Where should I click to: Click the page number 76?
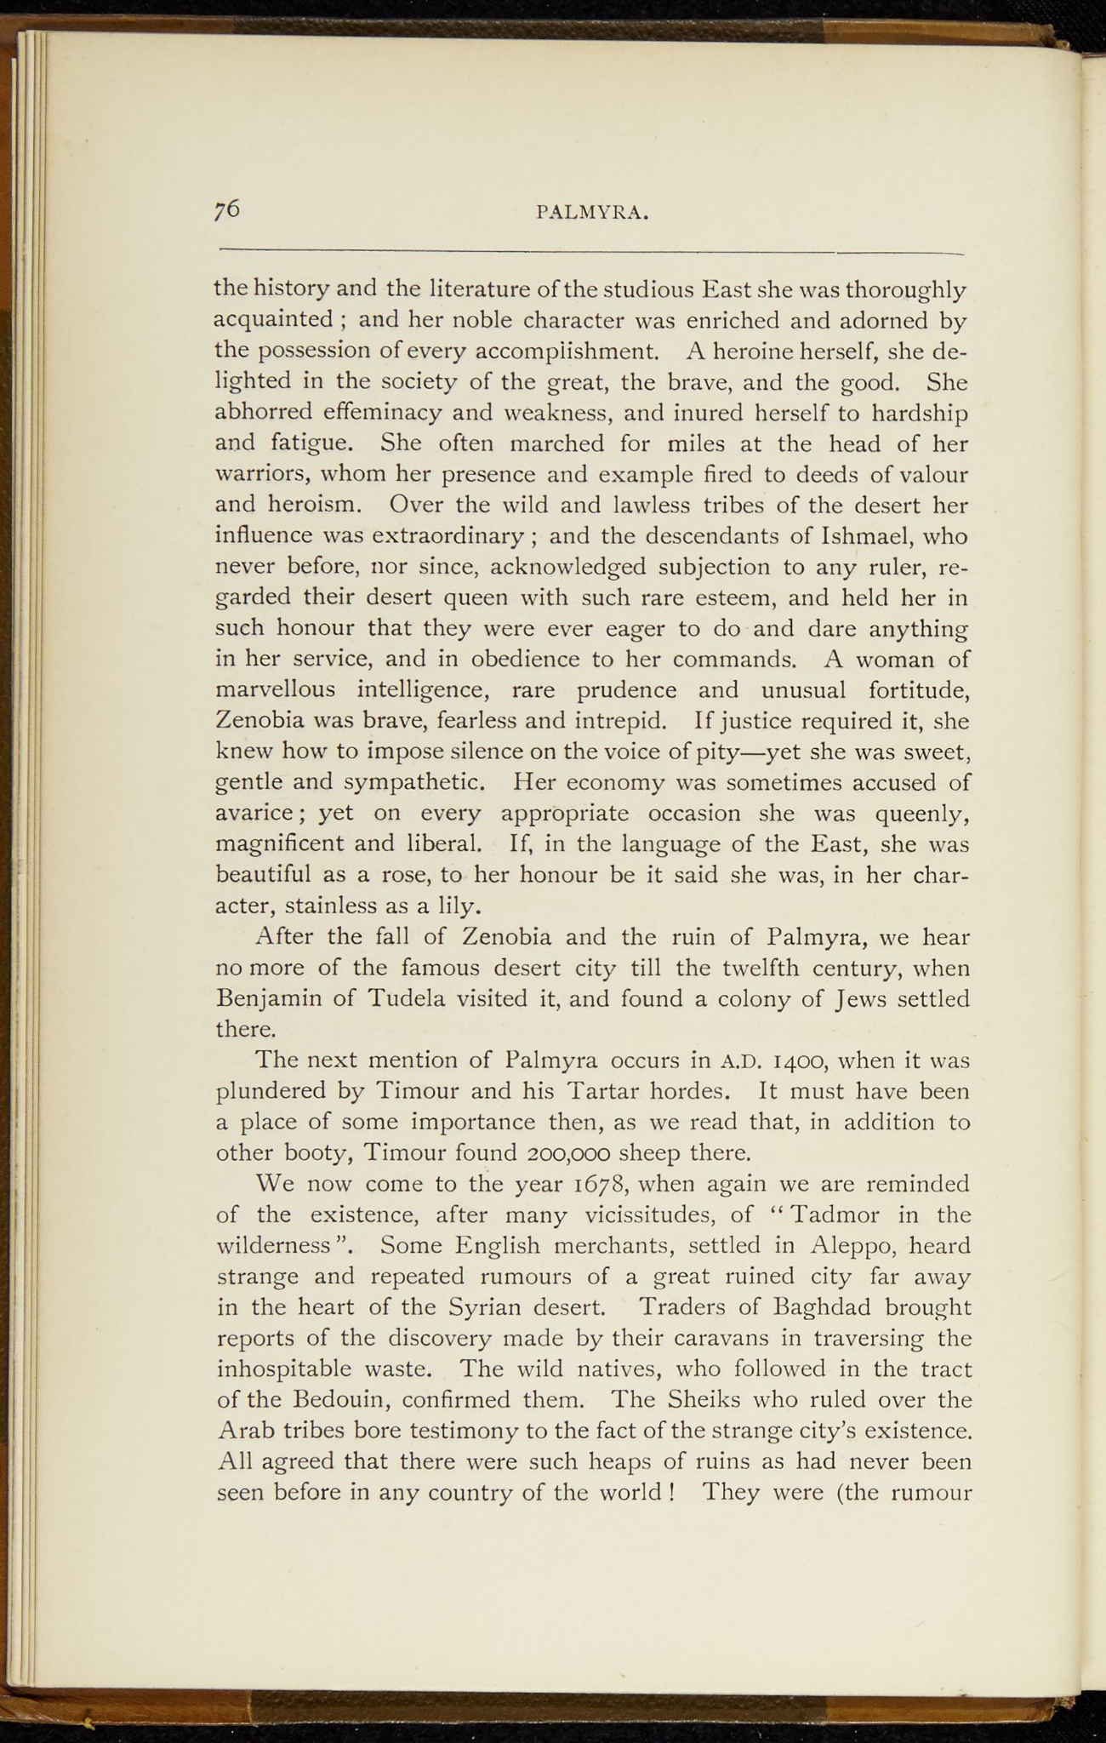(227, 209)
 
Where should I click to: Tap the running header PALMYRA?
(594, 214)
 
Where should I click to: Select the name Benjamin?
(268, 999)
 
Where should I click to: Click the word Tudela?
(405, 998)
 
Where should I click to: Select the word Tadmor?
(838, 1214)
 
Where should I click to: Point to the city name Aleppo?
(852, 1246)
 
